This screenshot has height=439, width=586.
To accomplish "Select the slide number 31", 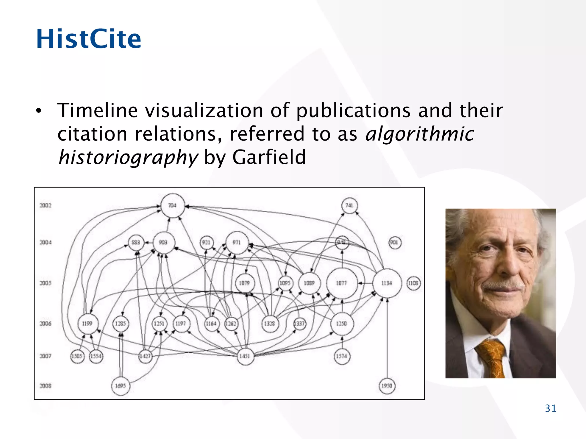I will coord(551,408).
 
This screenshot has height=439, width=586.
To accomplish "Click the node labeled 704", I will coord(172,205).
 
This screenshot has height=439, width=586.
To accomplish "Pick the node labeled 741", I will coord(349,205).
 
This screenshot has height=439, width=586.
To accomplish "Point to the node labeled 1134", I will coord(387,283).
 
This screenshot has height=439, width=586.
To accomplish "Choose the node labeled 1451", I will coord(245,356).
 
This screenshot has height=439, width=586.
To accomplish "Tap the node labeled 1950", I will coord(387,386).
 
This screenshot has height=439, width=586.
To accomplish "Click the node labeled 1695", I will coord(120,386).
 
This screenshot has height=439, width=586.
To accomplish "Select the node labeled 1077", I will coord(342,283).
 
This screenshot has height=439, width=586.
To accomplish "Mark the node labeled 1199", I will coord(88,324).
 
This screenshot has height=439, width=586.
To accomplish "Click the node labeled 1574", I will coord(342,356).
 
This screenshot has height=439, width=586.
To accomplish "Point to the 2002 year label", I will coord(45,205).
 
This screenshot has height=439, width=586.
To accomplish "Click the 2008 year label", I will coord(45,386).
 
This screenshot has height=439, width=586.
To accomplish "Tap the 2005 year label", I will coord(45,283).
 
